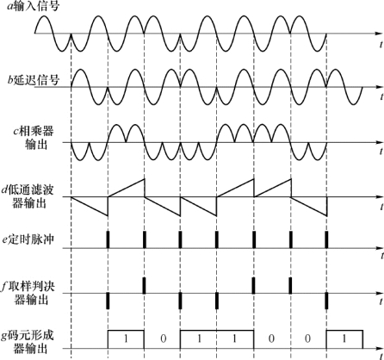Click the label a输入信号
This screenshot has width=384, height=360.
(x=34, y=6)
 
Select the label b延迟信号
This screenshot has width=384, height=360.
(x=34, y=80)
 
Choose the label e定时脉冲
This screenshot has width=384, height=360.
(x=28, y=239)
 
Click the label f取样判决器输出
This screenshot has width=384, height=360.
(x=28, y=293)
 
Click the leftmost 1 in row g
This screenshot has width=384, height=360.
(x=126, y=339)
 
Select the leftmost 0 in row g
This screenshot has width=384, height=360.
(x=163, y=339)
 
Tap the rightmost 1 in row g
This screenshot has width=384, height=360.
(x=344, y=339)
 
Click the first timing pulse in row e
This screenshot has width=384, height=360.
(x=108, y=239)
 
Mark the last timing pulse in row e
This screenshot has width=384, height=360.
(x=326, y=239)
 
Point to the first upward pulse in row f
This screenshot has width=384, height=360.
(x=144, y=285)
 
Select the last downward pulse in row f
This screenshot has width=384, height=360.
(x=326, y=301)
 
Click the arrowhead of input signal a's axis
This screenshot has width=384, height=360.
(x=379, y=34)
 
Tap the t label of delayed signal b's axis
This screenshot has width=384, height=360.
(x=381, y=97)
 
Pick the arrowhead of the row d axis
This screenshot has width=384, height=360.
(x=379, y=197)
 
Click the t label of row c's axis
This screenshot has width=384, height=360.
(x=381, y=152)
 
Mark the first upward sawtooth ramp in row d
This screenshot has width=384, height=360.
(x=127, y=188)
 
